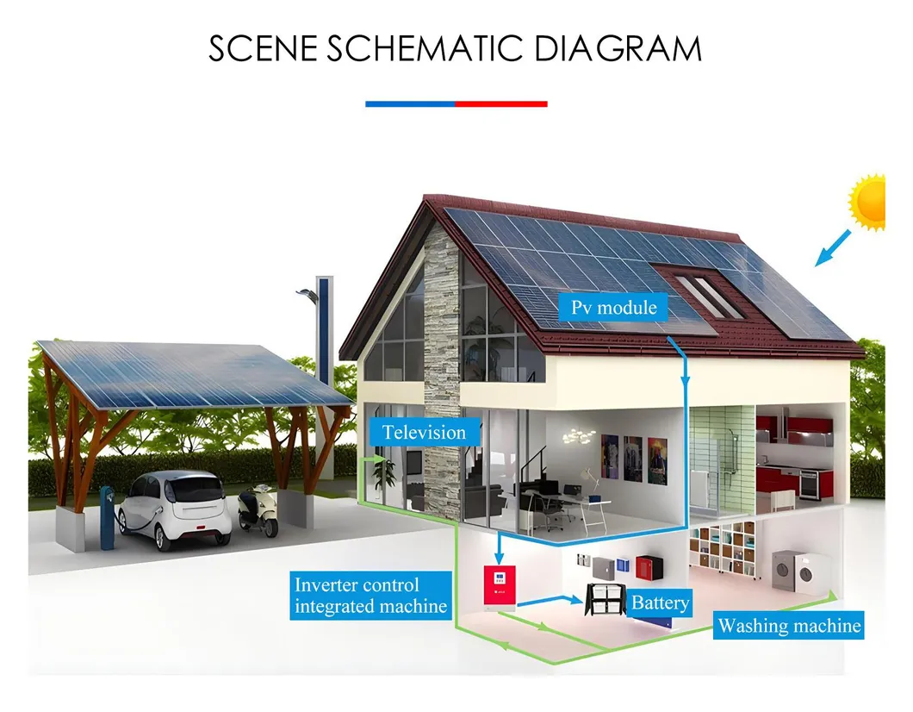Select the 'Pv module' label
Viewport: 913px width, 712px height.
click(x=614, y=307)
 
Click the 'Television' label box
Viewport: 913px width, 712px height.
click(x=425, y=433)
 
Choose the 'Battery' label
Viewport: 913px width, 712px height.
click(x=661, y=603)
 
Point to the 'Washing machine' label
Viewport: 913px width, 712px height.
click(x=789, y=625)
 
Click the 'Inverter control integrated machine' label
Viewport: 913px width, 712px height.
click(x=371, y=596)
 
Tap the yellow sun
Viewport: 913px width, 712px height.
click(x=869, y=202)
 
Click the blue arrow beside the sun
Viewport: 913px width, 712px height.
click(x=833, y=248)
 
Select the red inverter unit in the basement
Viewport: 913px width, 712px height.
click(x=500, y=587)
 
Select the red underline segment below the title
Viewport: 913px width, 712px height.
click(x=501, y=103)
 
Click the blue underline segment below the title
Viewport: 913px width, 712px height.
click(x=411, y=103)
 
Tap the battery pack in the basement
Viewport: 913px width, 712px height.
click(x=605, y=599)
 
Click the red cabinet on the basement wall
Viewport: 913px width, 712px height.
click(x=649, y=567)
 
